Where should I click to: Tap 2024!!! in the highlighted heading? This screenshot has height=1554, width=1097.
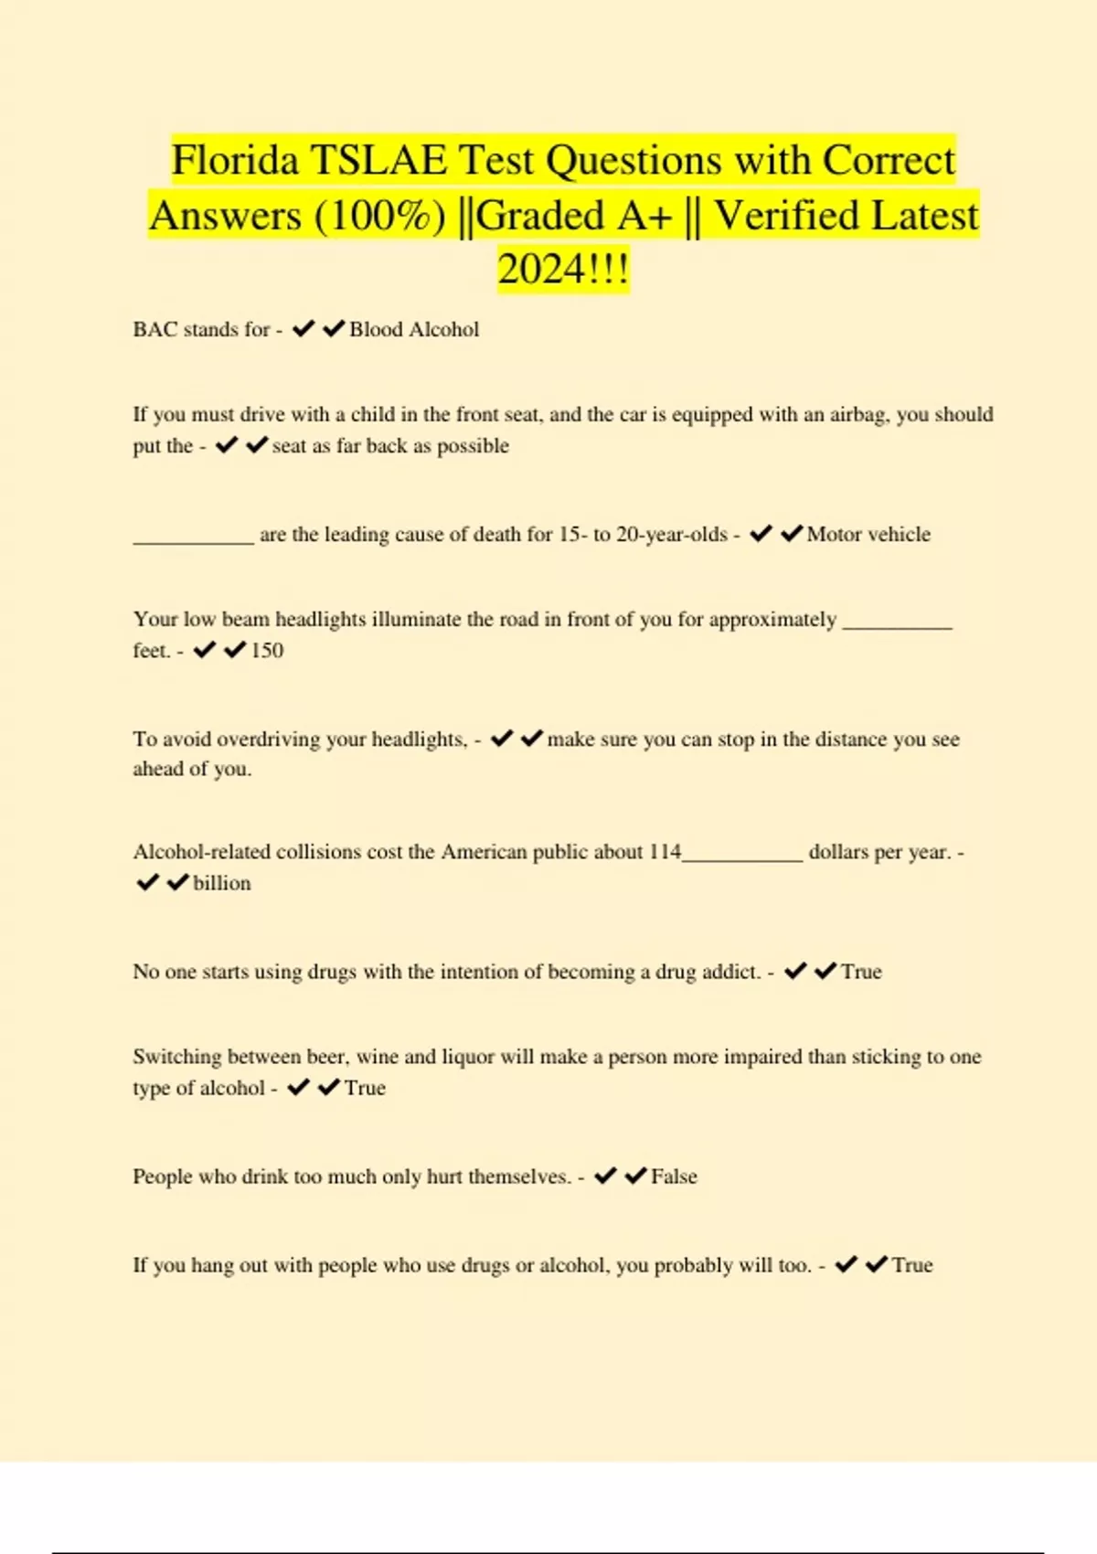(563, 271)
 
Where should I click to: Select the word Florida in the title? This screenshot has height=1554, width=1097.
(235, 161)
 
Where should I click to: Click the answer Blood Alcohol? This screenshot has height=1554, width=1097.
(414, 330)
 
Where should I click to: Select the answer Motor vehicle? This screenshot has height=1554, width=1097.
(868, 535)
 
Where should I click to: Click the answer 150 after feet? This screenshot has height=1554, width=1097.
(267, 651)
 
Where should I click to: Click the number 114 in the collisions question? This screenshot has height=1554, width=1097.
(665, 852)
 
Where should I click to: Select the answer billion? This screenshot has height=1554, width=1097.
(222, 884)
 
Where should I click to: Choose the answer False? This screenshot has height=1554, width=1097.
(674, 1177)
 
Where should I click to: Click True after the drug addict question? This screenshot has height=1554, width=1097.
(861, 972)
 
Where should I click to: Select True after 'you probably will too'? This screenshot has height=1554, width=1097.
(912, 1266)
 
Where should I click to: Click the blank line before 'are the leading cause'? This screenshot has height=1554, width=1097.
(193, 539)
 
